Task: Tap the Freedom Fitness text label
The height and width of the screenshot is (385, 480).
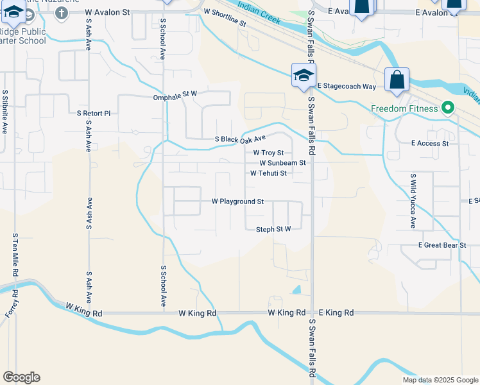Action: (x=404, y=108)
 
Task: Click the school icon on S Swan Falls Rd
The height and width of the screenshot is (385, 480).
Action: (x=302, y=76)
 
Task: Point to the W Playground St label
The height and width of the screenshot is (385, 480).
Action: (x=238, y=201)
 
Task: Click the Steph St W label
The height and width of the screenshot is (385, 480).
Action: (x=274, y=229)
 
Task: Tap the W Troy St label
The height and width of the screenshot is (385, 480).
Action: (x=268, y=153)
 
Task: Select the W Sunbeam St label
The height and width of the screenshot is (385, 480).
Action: (x=278, y=163)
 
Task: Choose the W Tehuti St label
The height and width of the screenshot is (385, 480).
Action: (x=268, y=173)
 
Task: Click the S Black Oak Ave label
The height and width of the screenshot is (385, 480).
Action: (x=240, y=139)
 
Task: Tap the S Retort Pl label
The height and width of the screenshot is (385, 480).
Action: (x=94, y=113)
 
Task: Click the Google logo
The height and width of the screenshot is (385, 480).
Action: (x=21, y=377)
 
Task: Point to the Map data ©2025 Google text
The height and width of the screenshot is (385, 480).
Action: (x=440, y=380)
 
